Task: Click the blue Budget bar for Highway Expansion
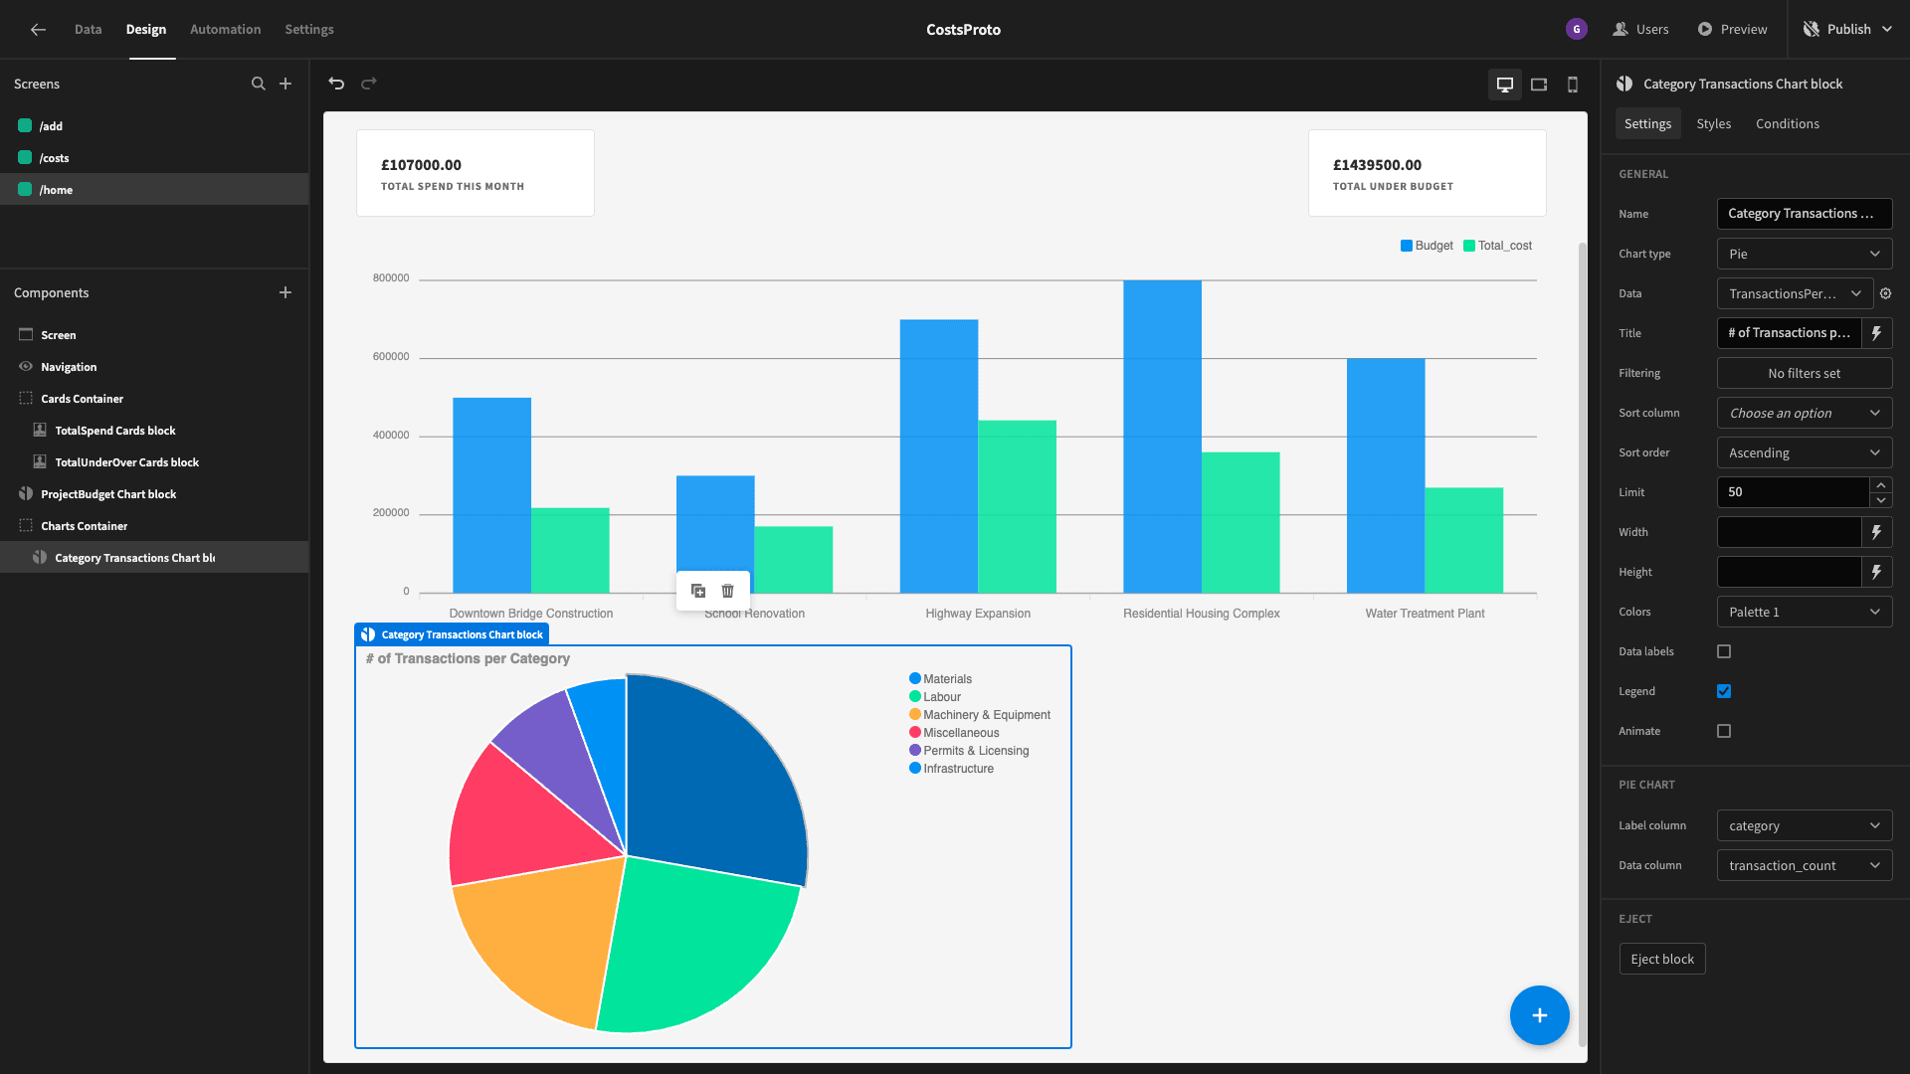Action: tap(938, 456)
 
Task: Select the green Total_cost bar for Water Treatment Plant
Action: tap(1463, 540)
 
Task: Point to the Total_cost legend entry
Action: tap(1497, 246)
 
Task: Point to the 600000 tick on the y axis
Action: tap(391, 356)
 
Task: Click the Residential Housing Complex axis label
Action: tap(1201, 614)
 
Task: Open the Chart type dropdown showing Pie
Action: tap(1804, 254)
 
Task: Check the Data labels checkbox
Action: tap(1724, 651)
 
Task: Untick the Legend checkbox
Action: tap(1724, 691)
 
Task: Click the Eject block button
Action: tap(1661, 959)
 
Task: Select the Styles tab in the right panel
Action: tap(1713, 123)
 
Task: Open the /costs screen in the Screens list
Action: tap(55, 158)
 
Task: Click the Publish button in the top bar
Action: tap(1847, 29)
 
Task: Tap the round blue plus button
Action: tap(1539, 1015)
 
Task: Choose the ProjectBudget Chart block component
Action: tap(108, 494)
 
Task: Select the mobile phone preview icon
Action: tap(1573, 85)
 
